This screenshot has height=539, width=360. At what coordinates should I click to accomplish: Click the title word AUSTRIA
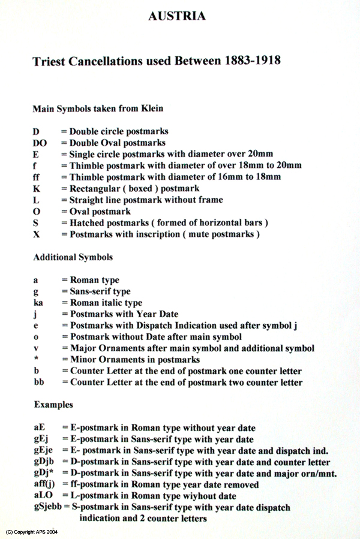(177, 16)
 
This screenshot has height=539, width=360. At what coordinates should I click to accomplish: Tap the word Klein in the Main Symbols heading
(151, 109)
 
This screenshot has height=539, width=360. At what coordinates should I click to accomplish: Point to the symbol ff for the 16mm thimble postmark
(36, 177)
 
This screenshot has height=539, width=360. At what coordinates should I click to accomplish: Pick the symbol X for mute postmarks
(36, 234)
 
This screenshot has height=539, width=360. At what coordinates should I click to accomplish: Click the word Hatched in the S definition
(86, 222)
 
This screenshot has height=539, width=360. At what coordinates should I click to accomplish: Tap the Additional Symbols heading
(73, 257)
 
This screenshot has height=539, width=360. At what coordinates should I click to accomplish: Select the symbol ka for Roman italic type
(38, 303)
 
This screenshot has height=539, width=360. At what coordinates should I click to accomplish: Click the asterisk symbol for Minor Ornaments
(35, 360)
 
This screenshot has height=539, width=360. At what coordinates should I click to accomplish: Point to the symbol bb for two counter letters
(38, 382)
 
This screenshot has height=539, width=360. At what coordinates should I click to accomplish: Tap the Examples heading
(53, 405)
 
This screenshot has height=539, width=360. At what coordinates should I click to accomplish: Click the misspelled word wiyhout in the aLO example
(197, 496)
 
